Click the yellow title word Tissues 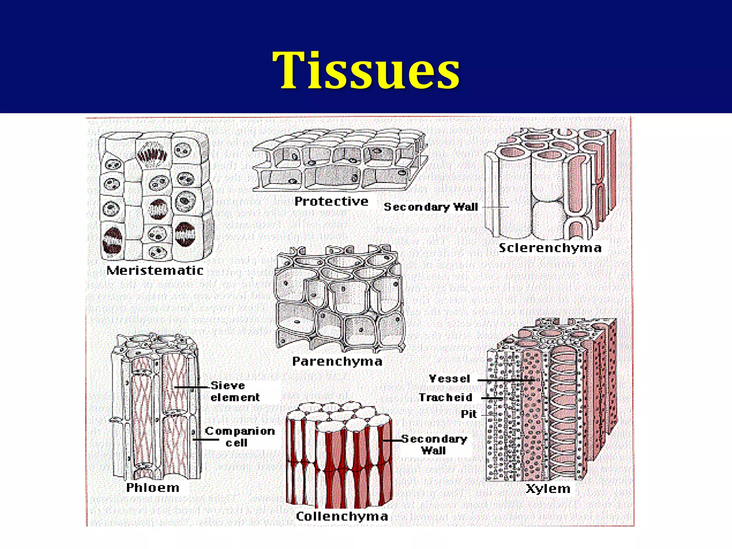[366, 70]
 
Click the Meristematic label [155, 270]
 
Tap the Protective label [331, 201]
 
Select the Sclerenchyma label [550, 248]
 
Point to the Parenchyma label [337, 361]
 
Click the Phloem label [153, 488]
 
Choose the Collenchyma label [342, 516]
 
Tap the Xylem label [548, 489]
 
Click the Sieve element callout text [234, 391]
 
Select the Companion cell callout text [239, 436]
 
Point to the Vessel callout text [449, 379]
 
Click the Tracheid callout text [445, 397]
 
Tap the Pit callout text [469, 414]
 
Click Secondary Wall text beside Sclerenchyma [431, 207]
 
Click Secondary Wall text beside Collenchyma [434, 444]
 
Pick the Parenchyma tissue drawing [340, 298]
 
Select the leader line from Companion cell [206, 439]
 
